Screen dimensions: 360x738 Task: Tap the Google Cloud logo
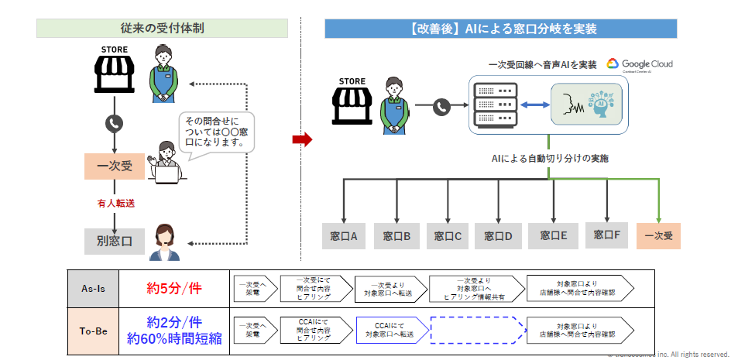point(640,64)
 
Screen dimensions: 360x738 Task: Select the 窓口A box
point(344,236)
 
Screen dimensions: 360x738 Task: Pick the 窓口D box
point(498,236)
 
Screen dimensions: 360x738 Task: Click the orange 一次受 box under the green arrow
point(658,235)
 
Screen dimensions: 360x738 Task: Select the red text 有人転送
point(114,203)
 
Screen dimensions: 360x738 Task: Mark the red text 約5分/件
point(173,288)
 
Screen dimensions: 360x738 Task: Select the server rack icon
point(495,104)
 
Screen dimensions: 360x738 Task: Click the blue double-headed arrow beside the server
point(533,105)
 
